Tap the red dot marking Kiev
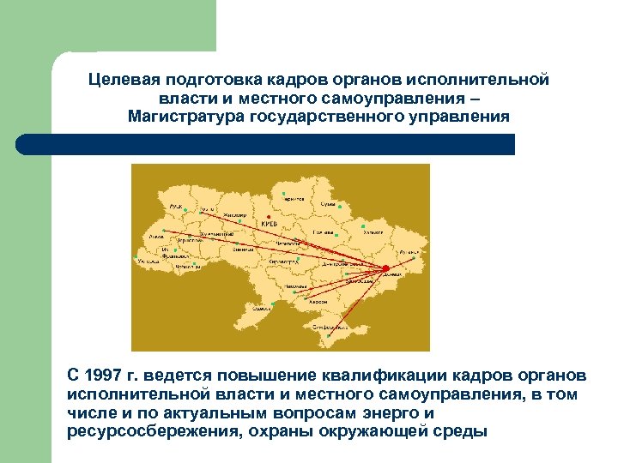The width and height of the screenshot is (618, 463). [270, 216]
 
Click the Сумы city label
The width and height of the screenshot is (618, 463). [329, 204]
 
